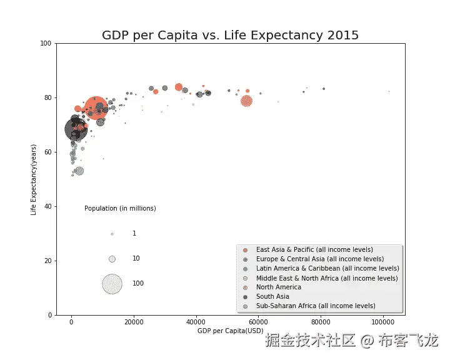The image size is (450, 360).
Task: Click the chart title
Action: click(231, 35)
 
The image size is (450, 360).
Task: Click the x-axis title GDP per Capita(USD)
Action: click(230, 330)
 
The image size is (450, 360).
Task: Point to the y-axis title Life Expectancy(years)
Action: click(34, 179)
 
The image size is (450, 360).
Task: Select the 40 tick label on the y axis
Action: click(48, 207)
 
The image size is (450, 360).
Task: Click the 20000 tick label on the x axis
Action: click(134, 321)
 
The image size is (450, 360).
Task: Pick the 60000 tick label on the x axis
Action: click(258, 321)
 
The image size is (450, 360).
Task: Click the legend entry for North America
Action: click(278, 287)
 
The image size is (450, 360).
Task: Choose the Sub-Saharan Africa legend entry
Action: click(316, 306)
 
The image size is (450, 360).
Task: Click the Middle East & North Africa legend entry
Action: click(327, 278)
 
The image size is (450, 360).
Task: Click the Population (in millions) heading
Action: click(120, 208)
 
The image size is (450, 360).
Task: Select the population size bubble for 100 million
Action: click(112, 284)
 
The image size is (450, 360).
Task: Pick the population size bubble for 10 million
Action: click(112, 259)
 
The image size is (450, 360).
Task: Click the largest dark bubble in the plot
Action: click(76, 129)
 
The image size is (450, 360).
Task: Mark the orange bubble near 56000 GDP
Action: click(247, 101)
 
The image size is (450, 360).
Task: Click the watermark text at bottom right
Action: click(352, 341)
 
